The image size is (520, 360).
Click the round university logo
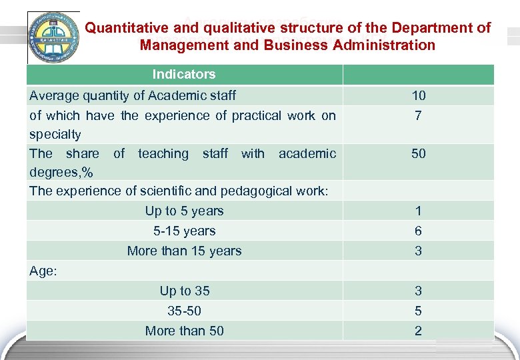pyautogui.click(x=53, y=37)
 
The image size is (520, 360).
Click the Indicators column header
pyautogui.click(x=184, y=74)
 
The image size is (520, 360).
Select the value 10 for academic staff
pyautogui.click(x=418, y=96)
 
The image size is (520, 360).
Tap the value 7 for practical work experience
pyautogui.click(x=418, y=116)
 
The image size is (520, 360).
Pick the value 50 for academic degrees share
pyautogui.click(x=418, y=154)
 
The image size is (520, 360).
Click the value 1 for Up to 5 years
pyautogui.click(x=418, y=211)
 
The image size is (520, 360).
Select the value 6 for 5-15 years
pyautogui.click(x=418, y=231)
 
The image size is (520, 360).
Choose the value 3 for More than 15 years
pyautogui.click(x=418, y=251)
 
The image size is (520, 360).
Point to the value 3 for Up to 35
pyautogui.click(x=418, y=291)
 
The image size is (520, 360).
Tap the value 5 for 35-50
pyautogui.click(x=418, y=311)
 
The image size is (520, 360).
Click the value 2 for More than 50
pyautogui.click(x=418, y=331)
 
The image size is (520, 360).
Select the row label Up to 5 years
pyautogui.click(x=185, y=211)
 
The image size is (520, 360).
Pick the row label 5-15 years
pyautogui.click(x=185, y=231)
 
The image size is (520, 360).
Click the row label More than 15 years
pyautogui.click(x=185, y=251)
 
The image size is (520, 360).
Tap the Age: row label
pyautogui.click(x=44, y=271)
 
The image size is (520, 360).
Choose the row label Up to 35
pyautogui.click(x=185, y=291)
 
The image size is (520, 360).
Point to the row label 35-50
pyautogui.click(x=185, y=311)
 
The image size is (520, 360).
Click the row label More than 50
pyautogui.click(x=185, y=331)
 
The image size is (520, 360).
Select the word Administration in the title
pyautogui.click(x=385, y=45)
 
